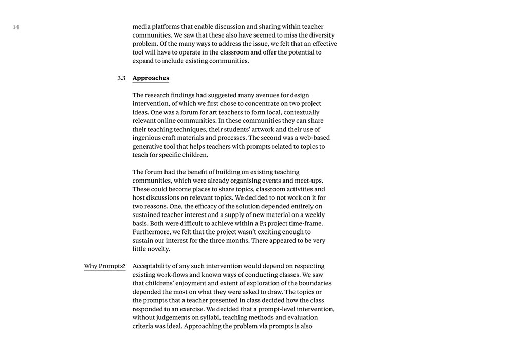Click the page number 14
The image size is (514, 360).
[x=16, y=27]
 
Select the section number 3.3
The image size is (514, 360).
[x=121, y=78]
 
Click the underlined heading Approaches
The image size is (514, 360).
[x=151, y=78]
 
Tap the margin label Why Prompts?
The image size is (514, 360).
[x=105, y=266]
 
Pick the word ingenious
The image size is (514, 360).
[x=150, y=138]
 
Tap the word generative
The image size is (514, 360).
[x=150, y=147]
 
